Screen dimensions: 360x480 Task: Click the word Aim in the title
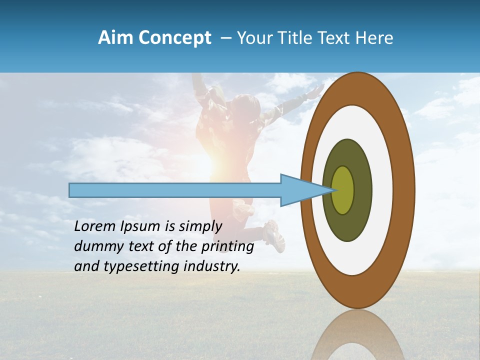click(115, 38)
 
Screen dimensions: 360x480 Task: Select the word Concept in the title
click(174, 38)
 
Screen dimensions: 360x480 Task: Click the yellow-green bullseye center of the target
click(343, 190)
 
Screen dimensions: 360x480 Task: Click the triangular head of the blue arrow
click(300, 190)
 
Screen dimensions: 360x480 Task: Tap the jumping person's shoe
click(273, 235)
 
